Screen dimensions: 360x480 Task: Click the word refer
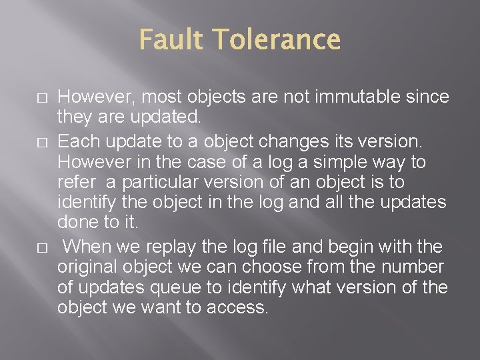[75, 182]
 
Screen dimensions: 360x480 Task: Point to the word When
[89, 247]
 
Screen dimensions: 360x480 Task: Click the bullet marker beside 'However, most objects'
[41, 98]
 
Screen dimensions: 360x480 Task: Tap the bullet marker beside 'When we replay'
[41, 247]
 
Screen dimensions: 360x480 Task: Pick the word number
[409, 267]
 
